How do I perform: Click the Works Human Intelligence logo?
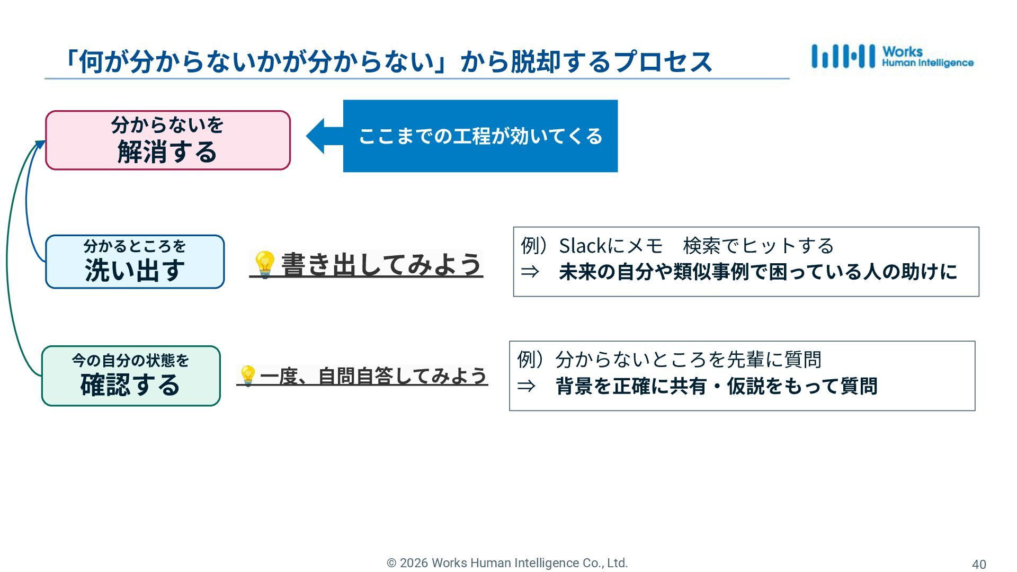click(x=892, y=57)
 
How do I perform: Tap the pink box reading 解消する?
click(x=168, y=140)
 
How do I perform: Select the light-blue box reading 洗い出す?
click(x=135, y=262)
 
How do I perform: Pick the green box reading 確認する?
click(x=131, y=376)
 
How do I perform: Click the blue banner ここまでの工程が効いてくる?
click(x=480, y=136)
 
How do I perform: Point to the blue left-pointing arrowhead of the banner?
click(x=317, y=136)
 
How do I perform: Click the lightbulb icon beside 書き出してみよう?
click(x=264, y=264)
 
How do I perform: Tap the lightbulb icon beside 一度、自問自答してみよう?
click(x=247, y=376)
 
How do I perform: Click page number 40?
click(x=979, y=564)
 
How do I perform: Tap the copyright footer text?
click(x=507, y=563)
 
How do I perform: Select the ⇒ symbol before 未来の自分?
click(x=530, y=272)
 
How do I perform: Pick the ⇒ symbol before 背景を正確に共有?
click(x=527, y=386)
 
